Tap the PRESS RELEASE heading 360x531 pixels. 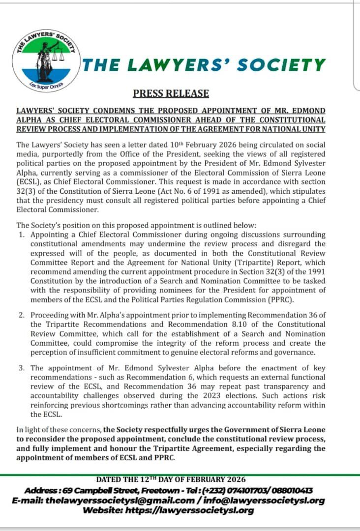[x=171, y=93]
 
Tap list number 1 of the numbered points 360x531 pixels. [x=22, y=235]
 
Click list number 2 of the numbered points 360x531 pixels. [x=22, y=315]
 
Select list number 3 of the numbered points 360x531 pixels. [x=22, y=368]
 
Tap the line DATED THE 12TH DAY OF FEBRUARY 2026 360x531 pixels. [x=171, y=479]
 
